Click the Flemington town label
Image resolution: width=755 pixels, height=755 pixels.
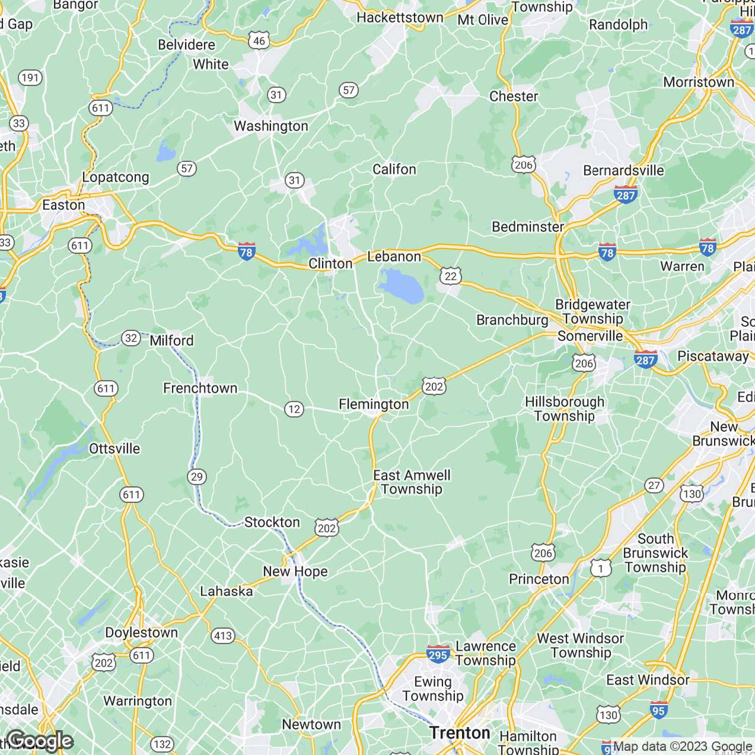[x=374, y=404]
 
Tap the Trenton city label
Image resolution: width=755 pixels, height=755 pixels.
[x=459, y=732]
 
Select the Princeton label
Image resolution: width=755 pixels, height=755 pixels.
[x=539, y=579]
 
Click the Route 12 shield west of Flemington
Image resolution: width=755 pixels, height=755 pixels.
[x=294, y=409]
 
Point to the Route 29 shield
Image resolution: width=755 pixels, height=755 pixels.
[x=197, y=476]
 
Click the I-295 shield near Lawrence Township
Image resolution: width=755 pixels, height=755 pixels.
[x=438, y=653]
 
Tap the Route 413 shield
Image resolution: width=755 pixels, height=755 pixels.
[x=223, y=636]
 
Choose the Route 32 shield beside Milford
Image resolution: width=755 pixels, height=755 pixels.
[x=131, y=337]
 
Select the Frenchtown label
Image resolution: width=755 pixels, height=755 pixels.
[x=200, y=388]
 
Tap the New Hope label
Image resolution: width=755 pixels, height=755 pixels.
[x=295, y=571]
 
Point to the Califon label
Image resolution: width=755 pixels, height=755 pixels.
[x=394, y=169]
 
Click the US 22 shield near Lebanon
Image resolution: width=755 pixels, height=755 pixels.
[x=451, y=276]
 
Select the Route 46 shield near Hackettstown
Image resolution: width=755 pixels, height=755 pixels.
[x=259, y=41]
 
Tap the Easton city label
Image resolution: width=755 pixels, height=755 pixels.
[x=63, y=205]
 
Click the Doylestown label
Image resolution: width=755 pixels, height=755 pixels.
[x=142, y=632]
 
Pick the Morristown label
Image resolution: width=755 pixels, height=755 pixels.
[x=698, y=82]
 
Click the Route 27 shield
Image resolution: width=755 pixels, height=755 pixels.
[x=654, y=485]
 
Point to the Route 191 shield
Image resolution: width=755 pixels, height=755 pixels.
[x=30, y=78]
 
